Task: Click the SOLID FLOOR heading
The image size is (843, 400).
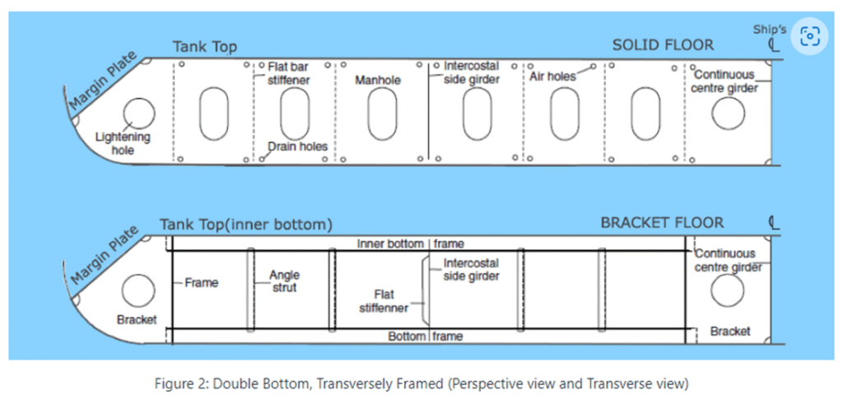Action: click(663, 45)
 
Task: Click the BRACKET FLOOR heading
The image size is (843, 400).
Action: click(662, 223)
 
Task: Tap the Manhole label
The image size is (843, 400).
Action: click(377, 80)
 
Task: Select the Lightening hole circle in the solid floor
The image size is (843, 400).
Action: click(138, 114)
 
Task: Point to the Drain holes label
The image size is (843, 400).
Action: click(297, 147)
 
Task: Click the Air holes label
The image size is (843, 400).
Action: click(552, 77)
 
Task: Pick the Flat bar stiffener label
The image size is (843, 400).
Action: click(289, 73)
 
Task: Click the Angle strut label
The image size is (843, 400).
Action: click(284, 281)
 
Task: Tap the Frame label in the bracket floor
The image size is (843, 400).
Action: click(202, 283)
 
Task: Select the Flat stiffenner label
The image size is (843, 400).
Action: click(391, 301)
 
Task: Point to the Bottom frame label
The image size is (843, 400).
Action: click(426, 337)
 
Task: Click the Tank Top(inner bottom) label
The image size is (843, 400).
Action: click(245, 225)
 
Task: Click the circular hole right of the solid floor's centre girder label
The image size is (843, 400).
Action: click(729, 114)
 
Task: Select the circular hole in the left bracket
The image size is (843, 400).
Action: click(138, 291)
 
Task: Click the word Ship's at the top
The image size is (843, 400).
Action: click(768, 29)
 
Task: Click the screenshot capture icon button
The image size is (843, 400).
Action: click(810, 36)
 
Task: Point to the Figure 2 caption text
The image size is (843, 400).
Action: click(422, 384)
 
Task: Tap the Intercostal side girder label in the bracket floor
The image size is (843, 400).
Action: click(471, 270)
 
